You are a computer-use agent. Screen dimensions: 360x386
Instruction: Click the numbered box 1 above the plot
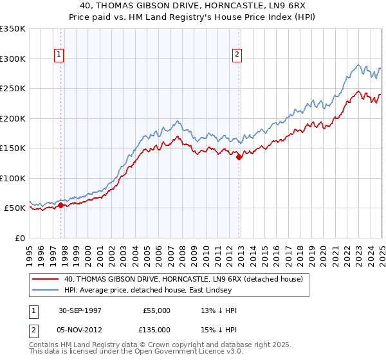pyautogui.click(x=59, y=55)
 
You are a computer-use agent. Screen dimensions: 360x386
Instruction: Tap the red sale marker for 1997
pyautogui.click(x=61, y=205)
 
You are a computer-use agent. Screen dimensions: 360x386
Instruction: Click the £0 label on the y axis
pyautogui.click(x=20, y=238)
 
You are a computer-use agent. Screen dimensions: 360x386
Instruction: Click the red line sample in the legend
pyautogui.click(x=46, y=279)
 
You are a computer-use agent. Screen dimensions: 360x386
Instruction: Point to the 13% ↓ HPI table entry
pyautogui.click(x=219, y=310)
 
